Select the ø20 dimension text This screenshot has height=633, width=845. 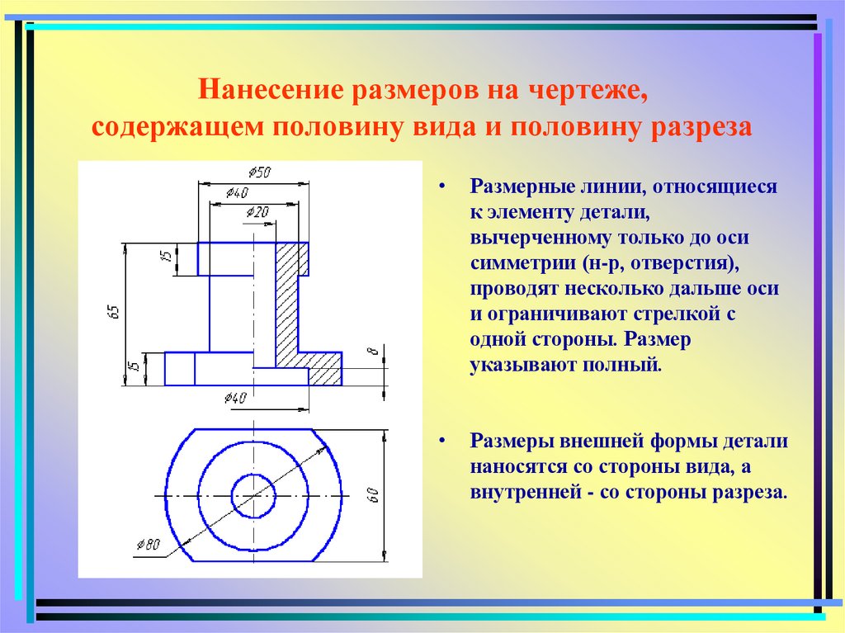pyautogui.click(x=257, y=213)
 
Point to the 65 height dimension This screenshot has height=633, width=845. pyautogui.click(x=114, y=311)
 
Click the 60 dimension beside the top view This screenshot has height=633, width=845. pyautogui.click(x=372, y=496)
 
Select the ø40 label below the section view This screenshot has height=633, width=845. pyautogui.click(x=235, y=399)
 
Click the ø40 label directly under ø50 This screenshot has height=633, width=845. pyautogui.click(x=236, y=193)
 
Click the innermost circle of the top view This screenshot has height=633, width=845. pyautogui.click(x=253, y=495)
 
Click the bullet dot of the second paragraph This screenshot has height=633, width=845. pyautogui.click(x=444, y=442)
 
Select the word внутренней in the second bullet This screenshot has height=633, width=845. pyautogui.click(x=522, y=492)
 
